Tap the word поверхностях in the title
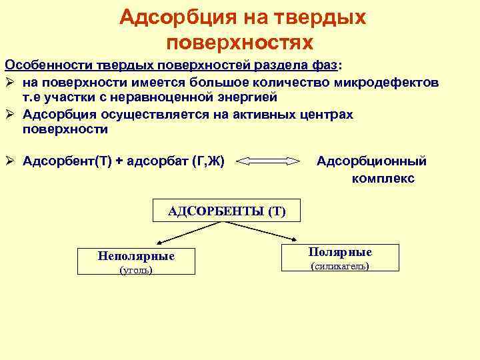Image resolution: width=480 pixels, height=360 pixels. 239,43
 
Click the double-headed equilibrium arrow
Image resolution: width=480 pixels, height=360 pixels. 270,161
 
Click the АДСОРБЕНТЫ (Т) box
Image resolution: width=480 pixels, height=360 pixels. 227,211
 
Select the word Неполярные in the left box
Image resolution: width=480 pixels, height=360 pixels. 136,256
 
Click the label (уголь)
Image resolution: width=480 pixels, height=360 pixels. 135,271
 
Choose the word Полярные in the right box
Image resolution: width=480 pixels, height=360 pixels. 340,252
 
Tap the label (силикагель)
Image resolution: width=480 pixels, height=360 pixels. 341,267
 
